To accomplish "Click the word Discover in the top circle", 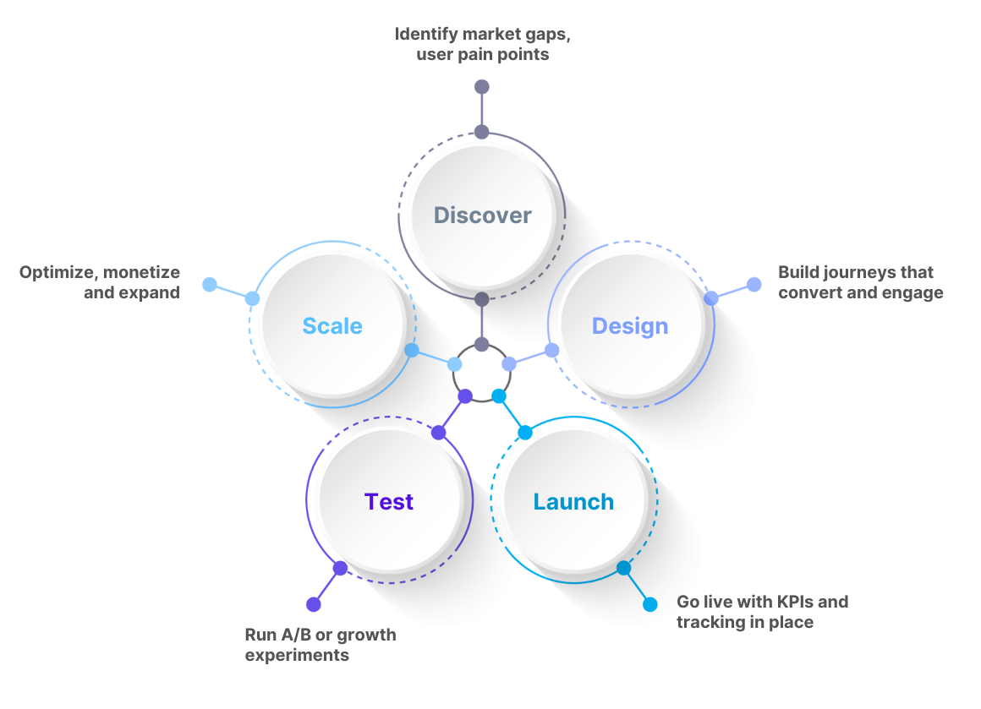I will coord(482,215).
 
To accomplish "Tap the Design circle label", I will coord(630,326).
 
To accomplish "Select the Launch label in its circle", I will coord(573,502).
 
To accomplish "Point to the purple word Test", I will coord(389,502).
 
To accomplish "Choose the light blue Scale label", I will coord(332,326).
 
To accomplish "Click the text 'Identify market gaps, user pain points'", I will coord(488,45).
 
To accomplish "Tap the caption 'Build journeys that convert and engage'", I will coord(860,283).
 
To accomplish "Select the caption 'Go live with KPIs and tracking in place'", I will coord(761,612).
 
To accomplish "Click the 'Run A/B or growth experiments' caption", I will coord(320,644).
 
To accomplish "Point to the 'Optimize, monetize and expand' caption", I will coord(100,283).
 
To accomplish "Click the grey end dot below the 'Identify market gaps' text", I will coord(481,86).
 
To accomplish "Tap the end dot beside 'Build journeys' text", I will coord(754,284).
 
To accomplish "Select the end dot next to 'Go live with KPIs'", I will coord(649,604).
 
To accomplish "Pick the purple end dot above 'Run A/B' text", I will coord(314,604).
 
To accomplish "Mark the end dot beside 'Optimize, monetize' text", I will coord(209,284).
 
